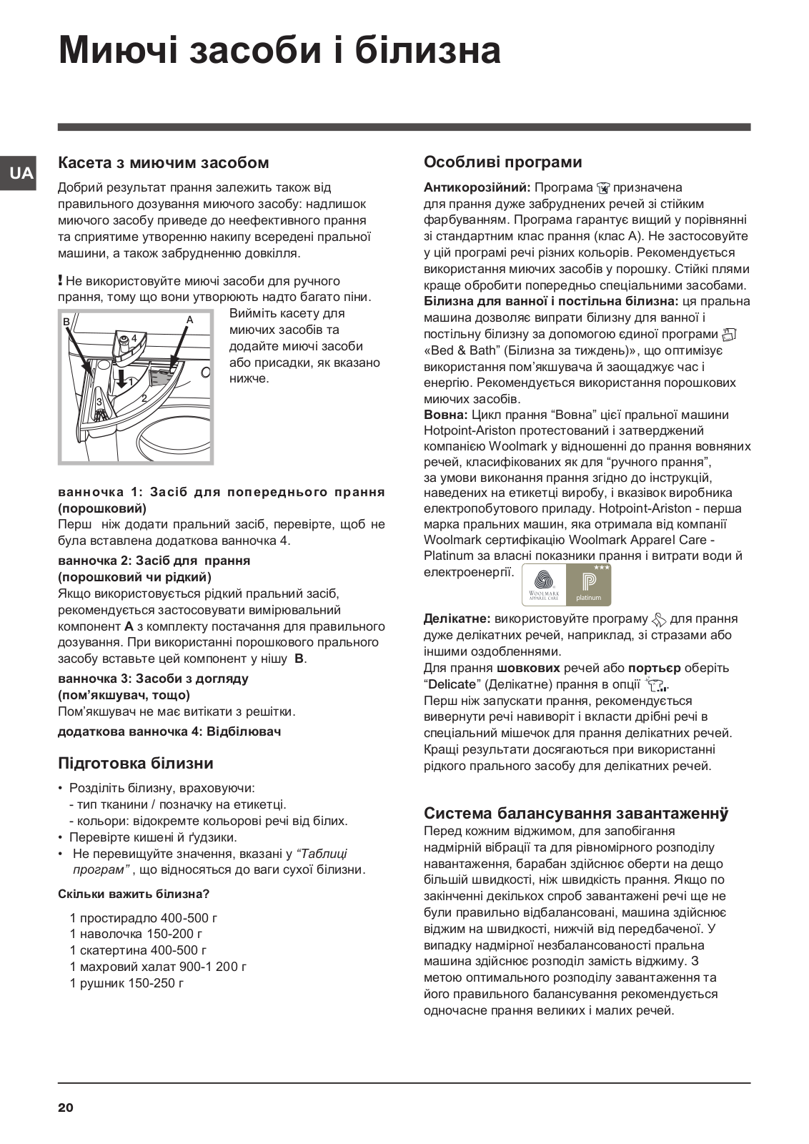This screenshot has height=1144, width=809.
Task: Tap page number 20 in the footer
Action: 65,1108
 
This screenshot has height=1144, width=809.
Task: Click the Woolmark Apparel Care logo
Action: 544,585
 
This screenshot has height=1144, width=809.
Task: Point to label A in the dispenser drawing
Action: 190,320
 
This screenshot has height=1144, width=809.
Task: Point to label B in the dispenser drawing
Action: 66,322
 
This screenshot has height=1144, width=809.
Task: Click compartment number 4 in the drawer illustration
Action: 134,337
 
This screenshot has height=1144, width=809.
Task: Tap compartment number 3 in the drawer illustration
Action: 99,402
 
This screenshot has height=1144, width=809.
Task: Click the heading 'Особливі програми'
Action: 502,162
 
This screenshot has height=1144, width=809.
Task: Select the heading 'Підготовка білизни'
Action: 136,764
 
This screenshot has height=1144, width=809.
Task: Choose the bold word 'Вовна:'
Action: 446,415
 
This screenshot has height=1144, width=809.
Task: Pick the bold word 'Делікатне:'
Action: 457,618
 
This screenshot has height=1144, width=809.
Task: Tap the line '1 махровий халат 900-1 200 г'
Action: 158,967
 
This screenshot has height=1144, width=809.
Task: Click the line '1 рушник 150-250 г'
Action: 126,983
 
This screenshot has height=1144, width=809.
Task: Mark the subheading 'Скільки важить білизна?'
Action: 133,894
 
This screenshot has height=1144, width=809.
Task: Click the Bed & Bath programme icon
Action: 729,334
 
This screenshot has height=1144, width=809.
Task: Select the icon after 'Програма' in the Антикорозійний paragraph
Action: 603,188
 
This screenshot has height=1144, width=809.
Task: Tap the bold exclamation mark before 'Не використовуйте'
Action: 61,280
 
